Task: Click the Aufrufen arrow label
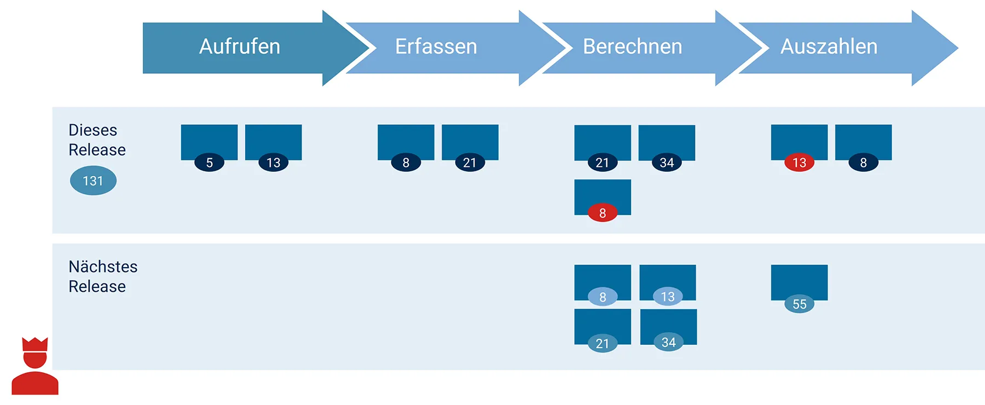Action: coord(240,47)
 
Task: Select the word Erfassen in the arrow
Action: coord(436,47)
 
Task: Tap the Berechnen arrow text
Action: coord(633,47)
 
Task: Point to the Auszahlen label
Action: coord(828,47)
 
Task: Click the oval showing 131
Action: coord(93,181)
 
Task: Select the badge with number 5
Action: coord(209,163)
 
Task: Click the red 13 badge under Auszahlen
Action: coord(799,163)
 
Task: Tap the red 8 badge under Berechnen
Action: coord(602,213)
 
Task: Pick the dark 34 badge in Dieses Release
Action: coord(667,163)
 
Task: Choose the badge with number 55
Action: coord(799,304)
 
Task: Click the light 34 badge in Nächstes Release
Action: coord(668,343)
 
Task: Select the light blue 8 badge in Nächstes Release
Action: coord(602,297)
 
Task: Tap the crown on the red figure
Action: coord(35,344)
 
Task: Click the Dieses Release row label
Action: coord(97,140)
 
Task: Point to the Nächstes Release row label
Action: coord(103,276)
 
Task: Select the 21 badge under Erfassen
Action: coord(470,163)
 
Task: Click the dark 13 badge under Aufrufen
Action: coord(273,163)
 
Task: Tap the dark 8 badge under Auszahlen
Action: coord(863,163)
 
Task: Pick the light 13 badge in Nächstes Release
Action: coord(668,297)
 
